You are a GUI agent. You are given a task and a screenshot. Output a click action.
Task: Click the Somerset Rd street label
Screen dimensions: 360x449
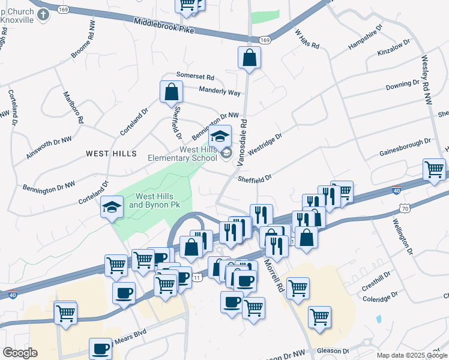pyautogui.click(x=195, y=77)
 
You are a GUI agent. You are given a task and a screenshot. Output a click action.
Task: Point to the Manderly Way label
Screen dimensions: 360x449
pyautogui.click(x=220, y=92)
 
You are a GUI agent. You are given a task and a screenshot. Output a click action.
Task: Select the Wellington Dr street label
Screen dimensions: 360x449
pyautogui.click(x=403, y=236)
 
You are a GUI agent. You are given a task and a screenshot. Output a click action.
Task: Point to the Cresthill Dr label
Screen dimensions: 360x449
pyautogui.click(x=376, y=281)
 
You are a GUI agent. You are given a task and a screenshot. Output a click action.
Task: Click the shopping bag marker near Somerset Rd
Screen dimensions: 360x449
pyautogui.click(x=171, y=92)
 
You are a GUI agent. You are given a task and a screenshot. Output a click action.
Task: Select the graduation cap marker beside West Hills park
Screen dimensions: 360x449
pyautogui.click(x=112, y=207)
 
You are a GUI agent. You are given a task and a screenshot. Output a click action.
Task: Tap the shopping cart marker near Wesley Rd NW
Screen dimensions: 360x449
pyautogui.click(x=435, y=169)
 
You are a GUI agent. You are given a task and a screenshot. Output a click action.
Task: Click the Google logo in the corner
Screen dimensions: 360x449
pyautogui.click(x=20, y=353)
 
